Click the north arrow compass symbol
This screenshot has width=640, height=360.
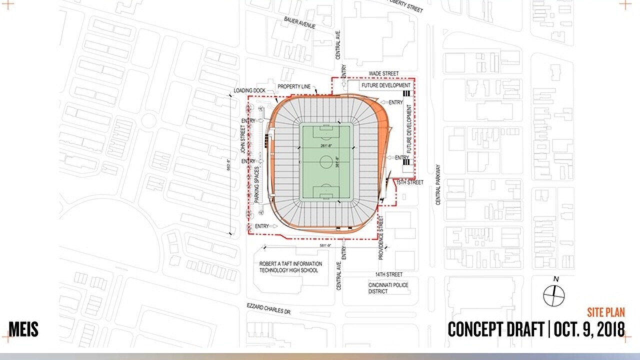pyautogui.click(x=554, y=294)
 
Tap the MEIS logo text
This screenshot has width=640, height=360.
pyautogui.click(x=23, y=329)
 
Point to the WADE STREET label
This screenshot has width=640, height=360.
pyautogui.click(x=383, y=73)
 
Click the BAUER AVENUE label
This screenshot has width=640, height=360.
pyautogui.click(x=299, y=22)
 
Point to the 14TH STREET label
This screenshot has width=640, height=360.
pyautogui.click(x=389, y=274)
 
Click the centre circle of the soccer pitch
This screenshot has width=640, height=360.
pyautogui.click(x=326, y=161)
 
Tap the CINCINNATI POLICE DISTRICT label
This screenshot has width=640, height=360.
pyautogui.click(x=388, y=288)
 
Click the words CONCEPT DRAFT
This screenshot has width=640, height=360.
pyautogui.click(x=495, y=329)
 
